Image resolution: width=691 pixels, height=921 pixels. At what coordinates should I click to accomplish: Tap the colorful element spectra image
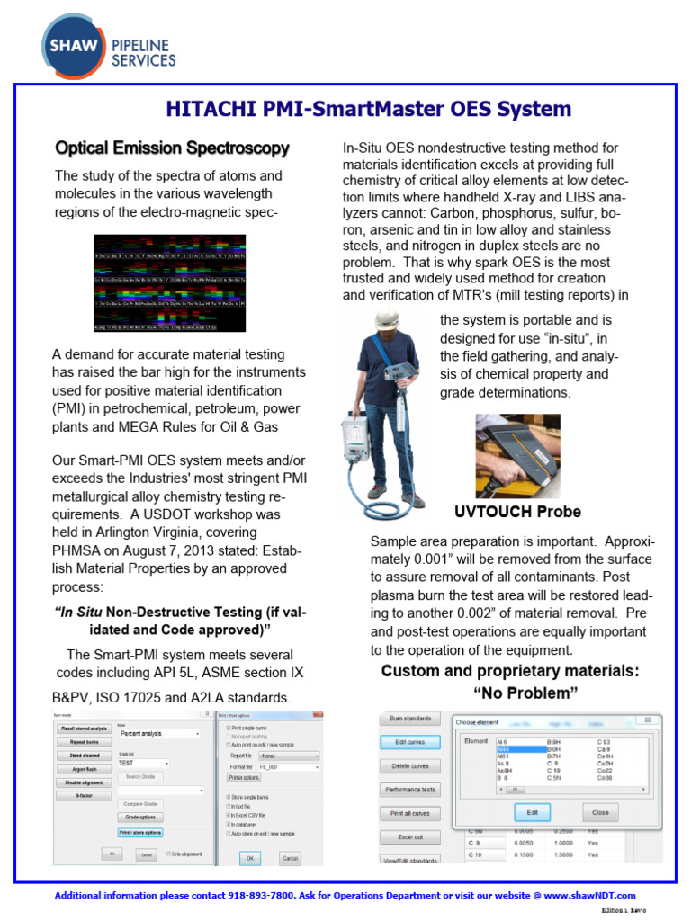point(170,283)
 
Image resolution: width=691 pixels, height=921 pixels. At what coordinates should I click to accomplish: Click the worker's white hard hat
point(387,319)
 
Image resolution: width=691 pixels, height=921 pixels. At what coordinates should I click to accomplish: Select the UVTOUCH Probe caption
point(517,512)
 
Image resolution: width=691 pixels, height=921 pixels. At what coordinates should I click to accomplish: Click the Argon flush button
point(84,769)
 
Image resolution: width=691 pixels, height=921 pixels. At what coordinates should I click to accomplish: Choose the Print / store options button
point(139,832)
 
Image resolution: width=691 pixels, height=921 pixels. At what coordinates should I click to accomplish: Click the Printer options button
point(244,776)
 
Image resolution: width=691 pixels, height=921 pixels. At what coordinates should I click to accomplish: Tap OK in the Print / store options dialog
point(250,858)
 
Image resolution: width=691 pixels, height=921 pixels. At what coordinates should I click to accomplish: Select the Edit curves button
point(410,742)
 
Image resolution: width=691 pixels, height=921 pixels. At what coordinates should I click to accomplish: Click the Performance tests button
point(410,789)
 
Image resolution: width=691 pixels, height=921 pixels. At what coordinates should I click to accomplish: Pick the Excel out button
point(410,836)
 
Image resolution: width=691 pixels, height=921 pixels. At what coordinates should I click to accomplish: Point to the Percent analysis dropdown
point(158,734)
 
